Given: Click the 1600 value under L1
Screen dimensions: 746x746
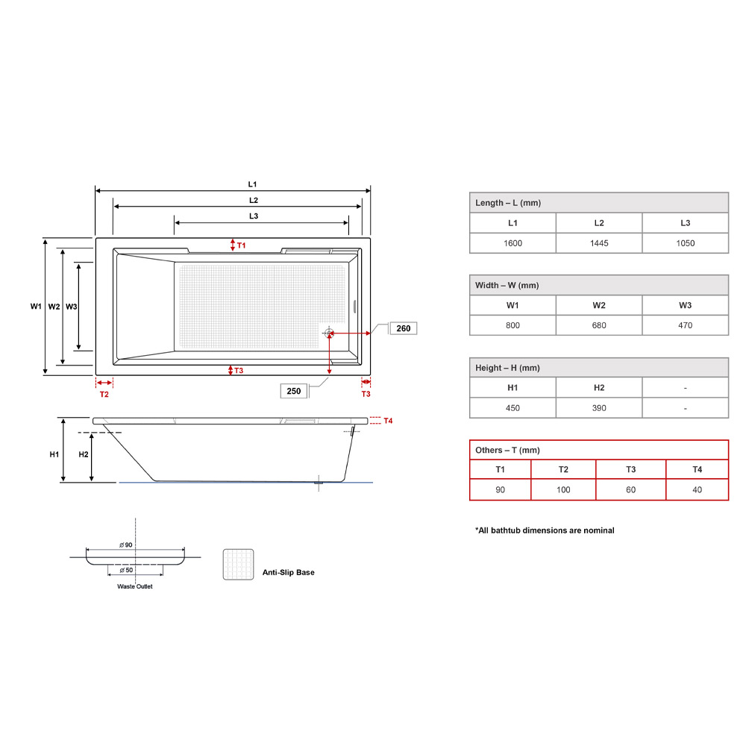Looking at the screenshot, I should pyautogui.click(x=513, y=243).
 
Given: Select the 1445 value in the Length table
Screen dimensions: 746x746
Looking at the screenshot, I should pyautogui.click(x=599, y=243).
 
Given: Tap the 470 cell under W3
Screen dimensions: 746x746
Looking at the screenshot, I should pyautogui.click(x=685, y=325).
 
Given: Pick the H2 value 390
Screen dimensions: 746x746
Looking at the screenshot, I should pyautogui.click(x=599, y=408).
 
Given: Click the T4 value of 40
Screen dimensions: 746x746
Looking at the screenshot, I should pyautogui.click(x=697, y=489).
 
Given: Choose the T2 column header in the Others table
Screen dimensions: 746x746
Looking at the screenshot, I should pyautogui.click(x=563, y=469).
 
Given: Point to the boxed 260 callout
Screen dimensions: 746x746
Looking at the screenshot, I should pyautogui.click(x=403, y=328).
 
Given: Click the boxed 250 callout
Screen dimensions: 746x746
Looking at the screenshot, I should pyautogui.click(x=293, y=391).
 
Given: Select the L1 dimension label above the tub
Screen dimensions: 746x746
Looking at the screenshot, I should pyautogui.click(x=252, y=184).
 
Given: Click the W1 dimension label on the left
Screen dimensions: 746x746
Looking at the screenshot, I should pyautogui.click(x=35, y=307).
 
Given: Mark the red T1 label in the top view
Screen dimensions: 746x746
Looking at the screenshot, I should pyautogui.click(x=241, y=245).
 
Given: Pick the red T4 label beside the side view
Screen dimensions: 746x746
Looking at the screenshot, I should pyautogui.click(x=388, y=421).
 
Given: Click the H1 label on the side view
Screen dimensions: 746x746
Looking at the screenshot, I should pyautogui.click(x=54, y=454).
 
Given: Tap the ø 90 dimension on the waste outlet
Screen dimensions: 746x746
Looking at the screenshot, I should pyautogui.click(x=126, y=545).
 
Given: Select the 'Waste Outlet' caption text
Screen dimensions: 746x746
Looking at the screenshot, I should pyautogui.click(x=135, y=586).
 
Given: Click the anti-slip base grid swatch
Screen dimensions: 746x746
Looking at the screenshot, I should pyautogui.click(x=238, y=565).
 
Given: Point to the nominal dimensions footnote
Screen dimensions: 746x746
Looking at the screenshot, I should pyautogui.click(x=545, y=530).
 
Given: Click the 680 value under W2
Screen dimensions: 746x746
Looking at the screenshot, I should pyautogui.click(x=599, y=325).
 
